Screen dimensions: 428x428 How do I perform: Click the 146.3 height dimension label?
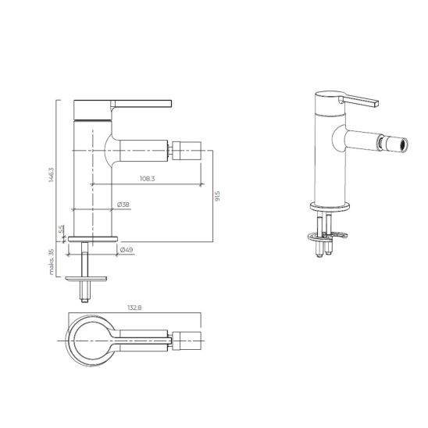[51, 175]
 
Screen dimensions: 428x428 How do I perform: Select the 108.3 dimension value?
[148, 179]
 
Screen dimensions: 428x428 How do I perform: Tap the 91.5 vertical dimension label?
[217, 196]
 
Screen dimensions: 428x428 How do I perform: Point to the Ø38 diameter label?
[123, 205]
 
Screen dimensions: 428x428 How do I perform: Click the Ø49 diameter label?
[127, 250]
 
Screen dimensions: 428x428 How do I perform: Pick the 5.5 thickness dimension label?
[62, 229]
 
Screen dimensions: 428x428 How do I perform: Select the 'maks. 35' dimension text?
[51, 262]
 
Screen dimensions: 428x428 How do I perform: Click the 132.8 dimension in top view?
[134, 308]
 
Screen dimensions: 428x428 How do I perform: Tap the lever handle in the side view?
[141, 104]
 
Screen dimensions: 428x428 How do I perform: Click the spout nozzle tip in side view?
[187, 151]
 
